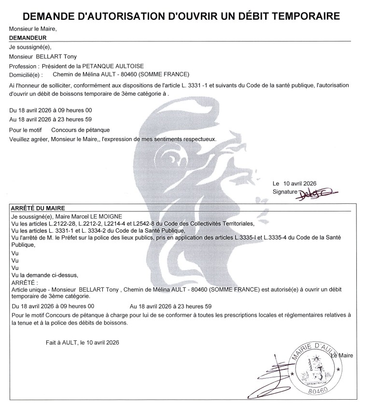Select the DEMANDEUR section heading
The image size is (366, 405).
[28, 37]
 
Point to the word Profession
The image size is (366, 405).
[22, 66]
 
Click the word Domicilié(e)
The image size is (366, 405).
[26, 74]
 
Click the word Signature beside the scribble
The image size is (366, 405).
[284, 192]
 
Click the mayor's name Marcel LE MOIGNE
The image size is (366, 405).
[94, 217]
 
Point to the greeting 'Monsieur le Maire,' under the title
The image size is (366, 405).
[33, 28]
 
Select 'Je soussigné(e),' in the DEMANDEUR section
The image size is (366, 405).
[30, 47]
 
